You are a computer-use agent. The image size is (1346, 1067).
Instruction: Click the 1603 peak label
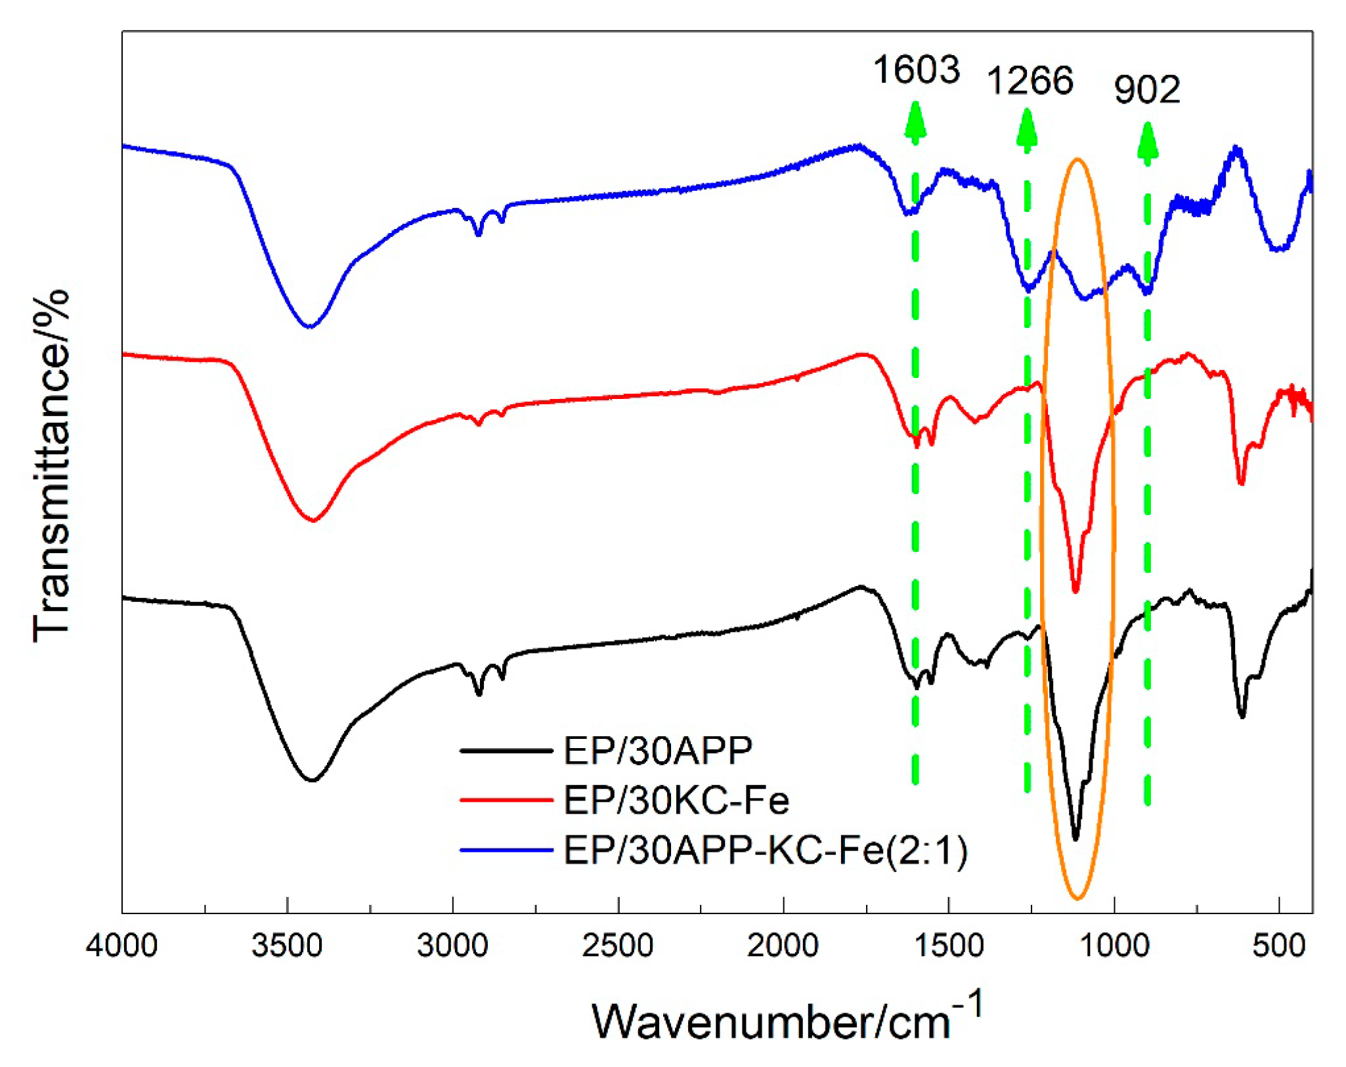click(x=916, y=70)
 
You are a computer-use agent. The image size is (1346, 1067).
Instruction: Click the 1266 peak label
click(x=1030, y=81)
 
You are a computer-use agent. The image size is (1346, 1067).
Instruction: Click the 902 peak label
click(x=1147, y=90)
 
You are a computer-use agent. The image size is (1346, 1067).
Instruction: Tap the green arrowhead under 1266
click(x=1027, y=128)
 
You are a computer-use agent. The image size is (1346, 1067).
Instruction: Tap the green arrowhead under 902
click(x=1147, y=140)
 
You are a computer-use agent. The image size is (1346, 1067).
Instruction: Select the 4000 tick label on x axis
click(x=121, y=946)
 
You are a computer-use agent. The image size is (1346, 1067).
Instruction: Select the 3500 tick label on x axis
click(x=287, y=946)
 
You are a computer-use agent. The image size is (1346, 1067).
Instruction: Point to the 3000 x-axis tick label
click(x=452, y=946)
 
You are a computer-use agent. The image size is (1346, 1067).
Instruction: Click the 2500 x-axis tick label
click(x=618, y=946)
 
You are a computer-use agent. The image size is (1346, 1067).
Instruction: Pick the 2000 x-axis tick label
click(x=783, y=946)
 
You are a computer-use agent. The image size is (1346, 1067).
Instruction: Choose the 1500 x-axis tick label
click(x=949, y=946)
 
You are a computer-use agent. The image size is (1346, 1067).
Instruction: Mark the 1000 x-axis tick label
click(x=1114, y=946)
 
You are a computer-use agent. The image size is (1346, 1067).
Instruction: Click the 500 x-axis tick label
click(x=1279, y=946)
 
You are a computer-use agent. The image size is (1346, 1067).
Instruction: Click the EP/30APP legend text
click(x=658, y=750)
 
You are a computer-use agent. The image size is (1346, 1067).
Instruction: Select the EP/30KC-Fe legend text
click(x=676, y=800)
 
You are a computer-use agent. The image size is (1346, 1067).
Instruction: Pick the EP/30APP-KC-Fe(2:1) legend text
click(x=766, y=850)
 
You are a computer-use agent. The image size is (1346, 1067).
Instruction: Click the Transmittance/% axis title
click(x=51, y=465)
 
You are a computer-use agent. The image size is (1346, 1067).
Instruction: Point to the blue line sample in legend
click(x=506, y=850)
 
